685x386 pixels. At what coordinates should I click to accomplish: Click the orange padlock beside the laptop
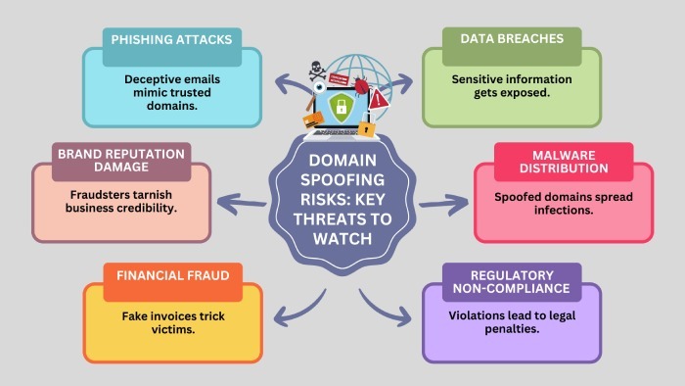tap(366, 126)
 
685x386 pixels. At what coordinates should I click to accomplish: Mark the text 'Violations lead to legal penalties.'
tap(511, 324)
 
